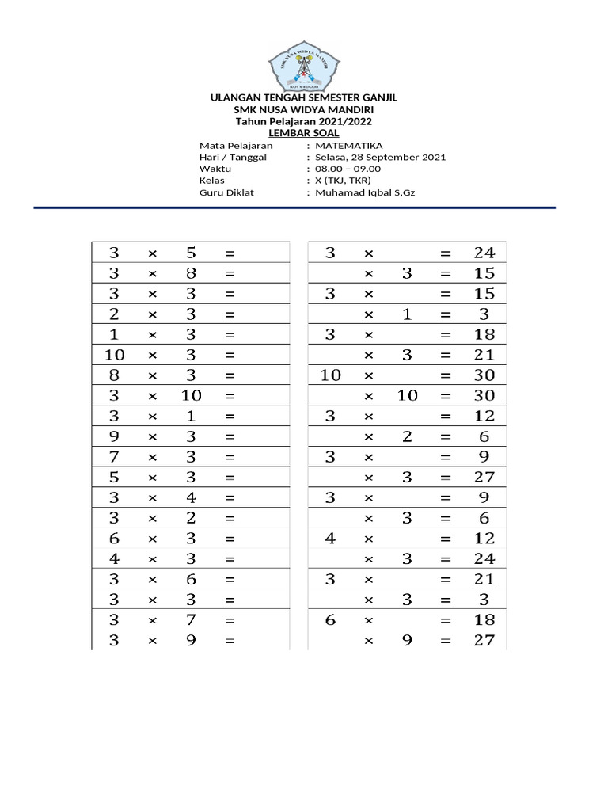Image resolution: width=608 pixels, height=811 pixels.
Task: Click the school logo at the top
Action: (x=303, y=67)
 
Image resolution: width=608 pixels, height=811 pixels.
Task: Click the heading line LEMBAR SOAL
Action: (x=303, y=133)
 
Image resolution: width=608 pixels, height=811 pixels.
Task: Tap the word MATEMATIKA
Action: (x=349, y=146)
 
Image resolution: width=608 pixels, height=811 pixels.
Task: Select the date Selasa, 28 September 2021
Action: (x=380, y=157)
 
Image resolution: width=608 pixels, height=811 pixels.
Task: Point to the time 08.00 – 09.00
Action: (x=348, y=169)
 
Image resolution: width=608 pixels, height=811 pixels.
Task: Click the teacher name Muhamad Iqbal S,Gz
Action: (x=365, y=192)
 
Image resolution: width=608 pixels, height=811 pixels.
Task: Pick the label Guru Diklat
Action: (x=227, y=192)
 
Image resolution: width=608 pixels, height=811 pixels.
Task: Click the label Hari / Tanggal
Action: (x=234, y=157)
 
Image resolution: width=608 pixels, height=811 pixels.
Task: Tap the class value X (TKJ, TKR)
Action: (x=343, y=181)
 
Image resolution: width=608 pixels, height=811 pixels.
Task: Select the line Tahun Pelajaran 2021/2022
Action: (x=303, y=121)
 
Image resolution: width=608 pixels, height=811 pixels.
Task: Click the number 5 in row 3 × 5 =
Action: (x=191, y=253)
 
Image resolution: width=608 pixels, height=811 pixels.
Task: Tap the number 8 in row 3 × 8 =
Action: (x=191, y=274)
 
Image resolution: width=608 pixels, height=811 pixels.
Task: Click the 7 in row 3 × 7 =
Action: (x=191, y=620)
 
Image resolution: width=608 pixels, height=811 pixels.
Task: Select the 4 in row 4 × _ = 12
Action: (x=331, y=539)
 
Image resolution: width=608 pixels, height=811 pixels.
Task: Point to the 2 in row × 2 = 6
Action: (x=407, y=436)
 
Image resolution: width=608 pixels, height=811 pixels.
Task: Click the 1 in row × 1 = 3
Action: (x=407, y=314)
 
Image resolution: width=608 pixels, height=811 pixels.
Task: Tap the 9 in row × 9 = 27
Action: (x=407, y=641)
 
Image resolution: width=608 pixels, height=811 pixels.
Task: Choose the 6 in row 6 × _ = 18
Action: (x=331, y=620)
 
